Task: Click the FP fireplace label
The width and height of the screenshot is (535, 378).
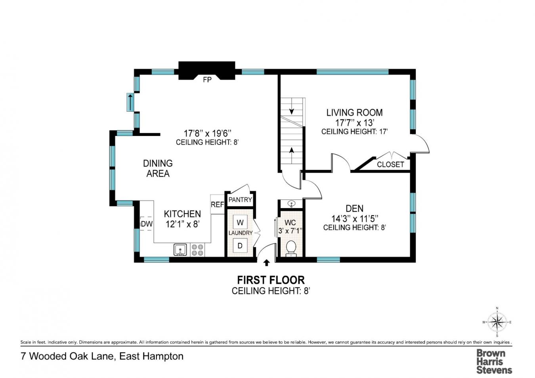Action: click(207, 80)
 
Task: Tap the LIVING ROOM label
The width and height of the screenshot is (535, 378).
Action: click(354, 113)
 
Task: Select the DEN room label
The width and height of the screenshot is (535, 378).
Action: click(354, 208)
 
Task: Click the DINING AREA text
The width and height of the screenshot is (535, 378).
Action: click(158, 168)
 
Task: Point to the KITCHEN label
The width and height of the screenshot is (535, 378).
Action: click(182, 214)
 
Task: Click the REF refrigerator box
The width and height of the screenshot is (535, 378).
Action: click(217, 204)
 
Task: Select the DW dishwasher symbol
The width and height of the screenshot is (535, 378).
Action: click(147, 224)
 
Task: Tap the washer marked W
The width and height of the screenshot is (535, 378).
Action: click(240, 222)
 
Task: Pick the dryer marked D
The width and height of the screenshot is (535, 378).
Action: click(240, 246)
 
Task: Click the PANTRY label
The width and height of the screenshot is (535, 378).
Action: click(240, 200)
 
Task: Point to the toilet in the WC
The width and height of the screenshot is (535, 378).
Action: click(291, 247)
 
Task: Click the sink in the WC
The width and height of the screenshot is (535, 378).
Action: click(291, 204)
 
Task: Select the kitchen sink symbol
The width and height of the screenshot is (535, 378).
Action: click(180, 250)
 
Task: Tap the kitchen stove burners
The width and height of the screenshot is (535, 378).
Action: click(197, 250)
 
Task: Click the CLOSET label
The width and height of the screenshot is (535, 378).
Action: click(390, 164)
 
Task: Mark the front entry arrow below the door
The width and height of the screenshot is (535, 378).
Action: click(267, 262)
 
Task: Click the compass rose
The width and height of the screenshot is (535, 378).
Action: click(497, 322)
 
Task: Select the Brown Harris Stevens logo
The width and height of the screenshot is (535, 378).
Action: click(494, 361)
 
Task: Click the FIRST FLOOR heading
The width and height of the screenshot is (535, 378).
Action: click(271, 280)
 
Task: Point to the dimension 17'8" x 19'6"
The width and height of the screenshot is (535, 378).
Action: click(207, 133)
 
